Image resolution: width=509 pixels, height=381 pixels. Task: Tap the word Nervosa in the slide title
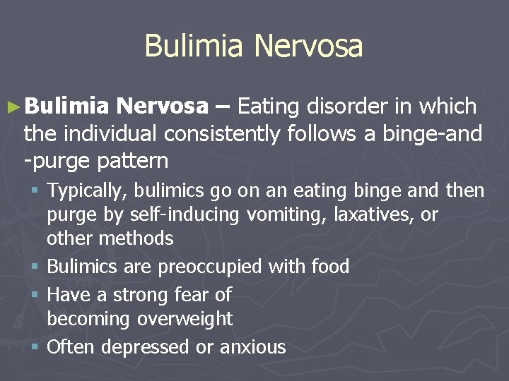coord(308,47)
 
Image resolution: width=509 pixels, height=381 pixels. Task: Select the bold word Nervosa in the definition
coord(163,107)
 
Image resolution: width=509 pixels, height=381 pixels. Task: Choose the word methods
coord(136,238)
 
